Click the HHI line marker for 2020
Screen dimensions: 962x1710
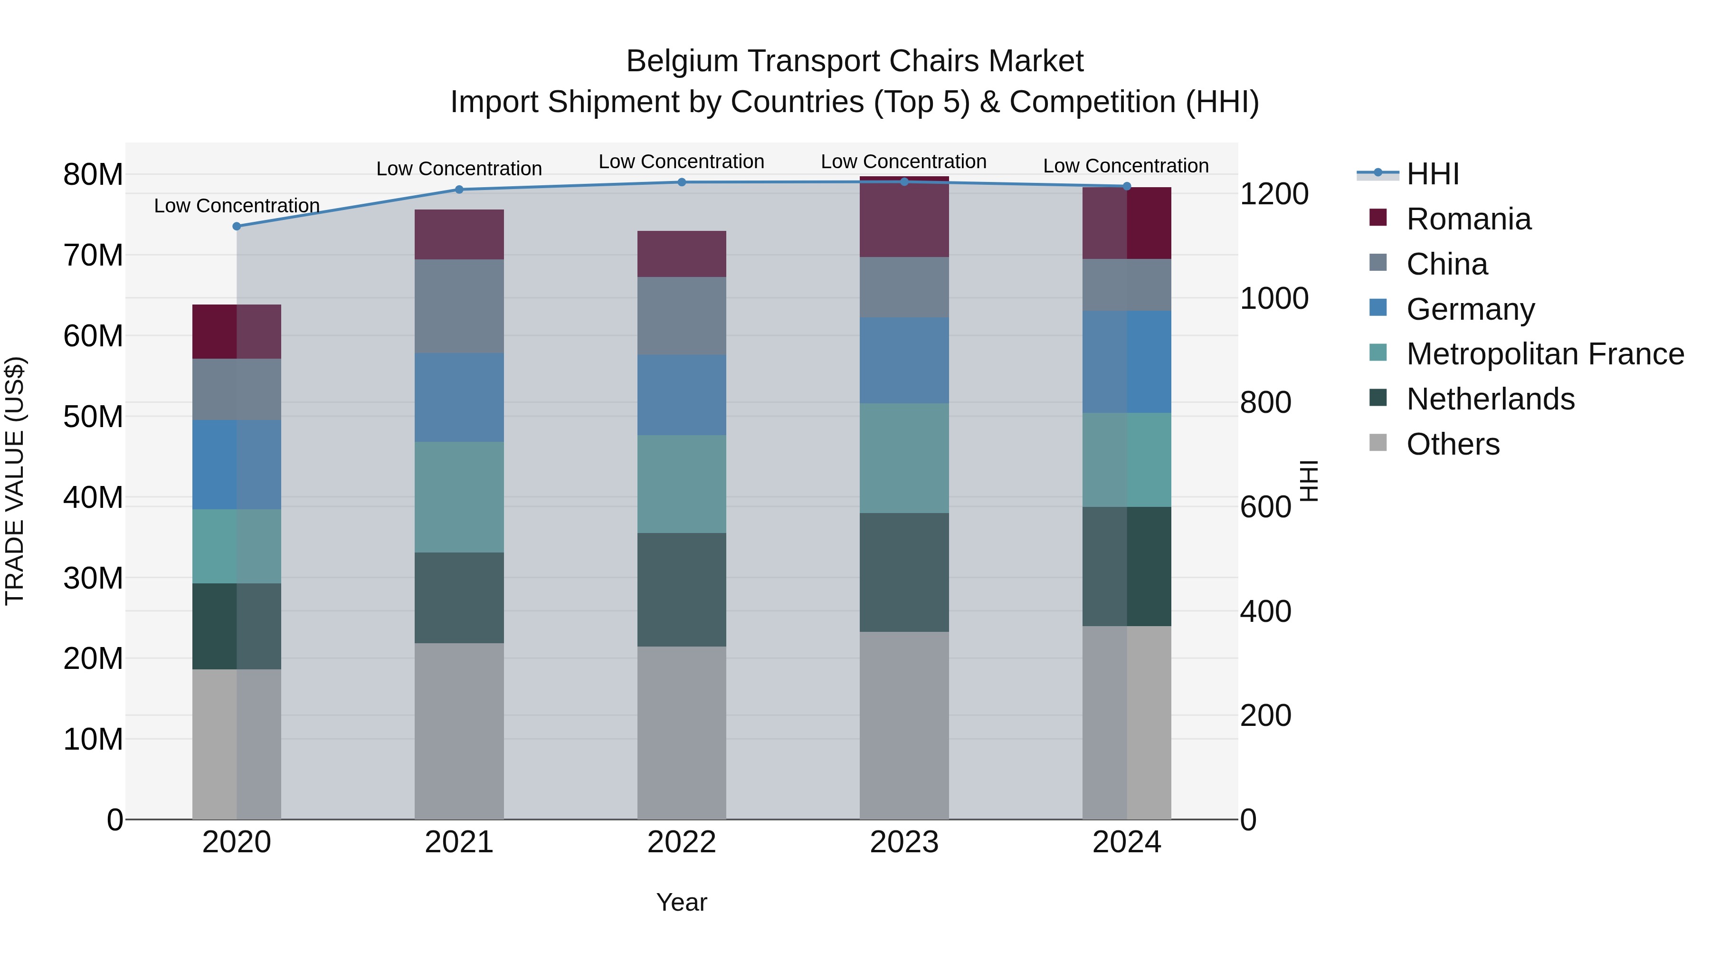(x=237, y=227)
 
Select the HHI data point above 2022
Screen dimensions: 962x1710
(x=682, y=182)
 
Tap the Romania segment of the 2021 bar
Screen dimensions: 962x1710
(x=459, y=234)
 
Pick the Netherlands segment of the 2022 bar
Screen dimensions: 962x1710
(x=682, y=590)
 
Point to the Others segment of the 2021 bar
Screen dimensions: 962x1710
(x=459, y=730)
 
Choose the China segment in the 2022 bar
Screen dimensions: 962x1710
(x=682, y=316)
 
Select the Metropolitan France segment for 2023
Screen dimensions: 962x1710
(x=903, y=458)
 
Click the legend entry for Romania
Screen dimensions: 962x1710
(x=1468, y=219)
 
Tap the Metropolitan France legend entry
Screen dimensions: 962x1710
(x=1544, y=354)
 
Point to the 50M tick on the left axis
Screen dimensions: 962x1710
(x=93, y=417)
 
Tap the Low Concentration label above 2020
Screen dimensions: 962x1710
(x=237, y=206)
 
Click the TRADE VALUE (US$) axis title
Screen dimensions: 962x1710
(x=15, y=481)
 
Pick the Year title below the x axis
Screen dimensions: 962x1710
(x=681, y=902)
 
